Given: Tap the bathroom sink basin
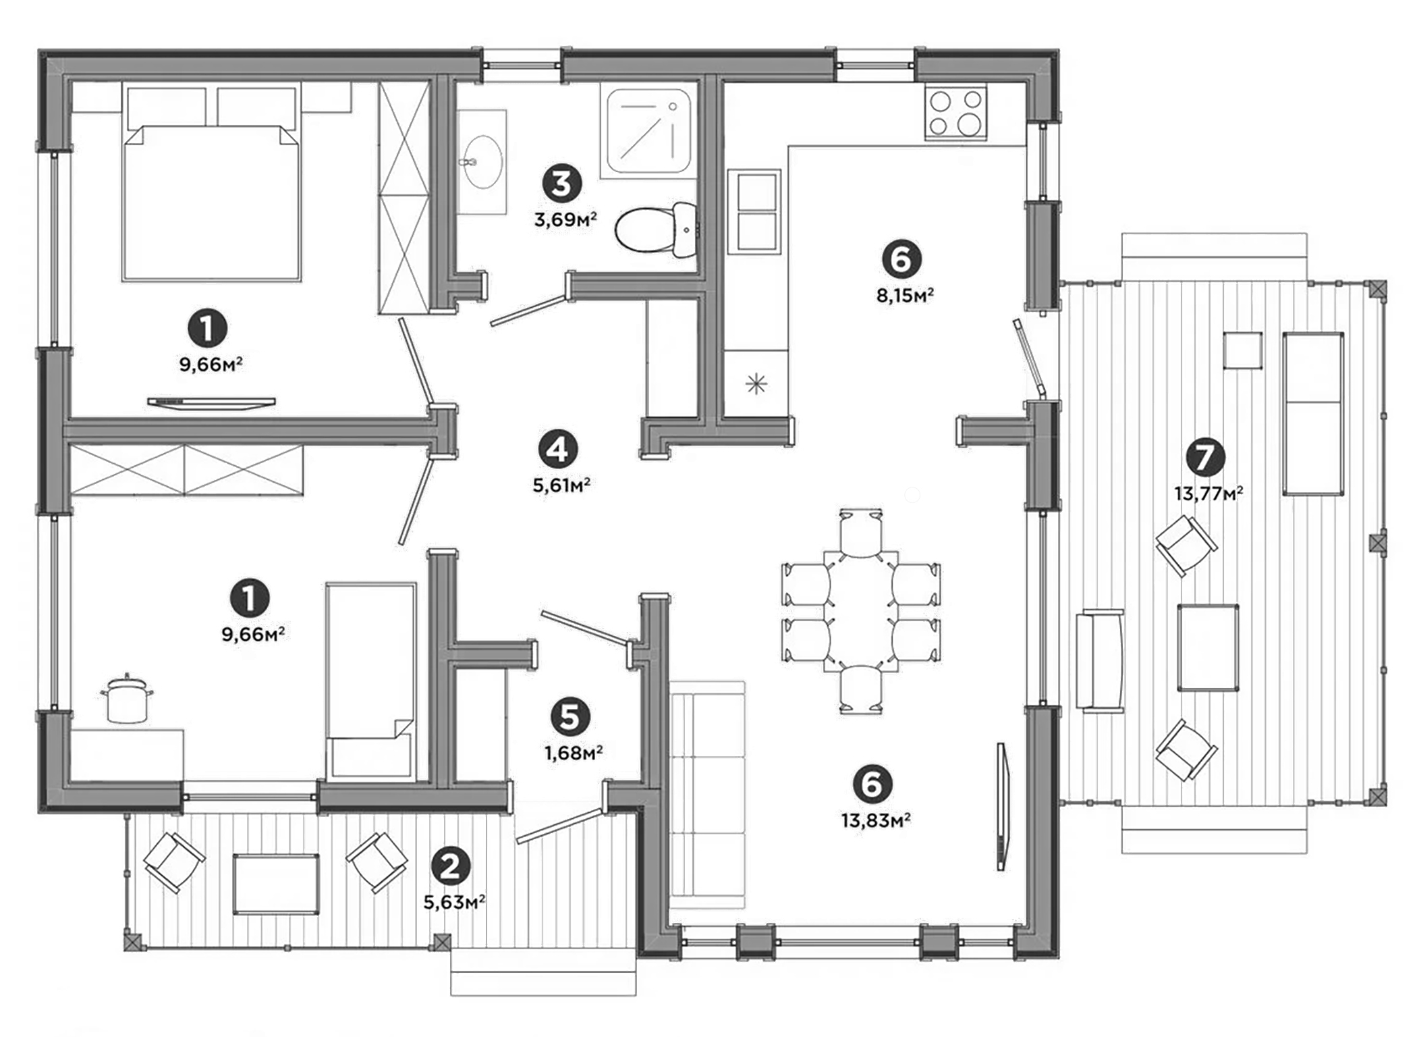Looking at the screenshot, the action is [x=481, y=161].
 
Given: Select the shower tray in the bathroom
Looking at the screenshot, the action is [x=648, y=131].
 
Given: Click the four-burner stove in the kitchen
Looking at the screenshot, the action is [x=955, y=113].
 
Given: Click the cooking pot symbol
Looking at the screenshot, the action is [x=126, y=698].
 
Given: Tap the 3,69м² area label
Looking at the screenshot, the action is [x=565, y=219].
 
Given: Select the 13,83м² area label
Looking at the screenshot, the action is [x=875, y=820].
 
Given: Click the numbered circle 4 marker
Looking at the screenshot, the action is [x=558, y=449].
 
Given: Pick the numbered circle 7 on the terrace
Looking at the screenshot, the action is [x=1204, y=457].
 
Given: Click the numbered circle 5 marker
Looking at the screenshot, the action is [x=570, y=717].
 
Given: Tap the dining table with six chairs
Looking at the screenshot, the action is [x=862, y=611].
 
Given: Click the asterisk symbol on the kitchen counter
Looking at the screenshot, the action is [x=756, y=385].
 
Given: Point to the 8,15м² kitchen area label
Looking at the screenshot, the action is [x=905, y=295].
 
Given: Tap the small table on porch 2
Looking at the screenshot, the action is [x=275, y=884].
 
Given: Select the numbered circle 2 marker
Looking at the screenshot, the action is [x=450, y=866].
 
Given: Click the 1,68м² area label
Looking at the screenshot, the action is [x=574, y=752].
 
